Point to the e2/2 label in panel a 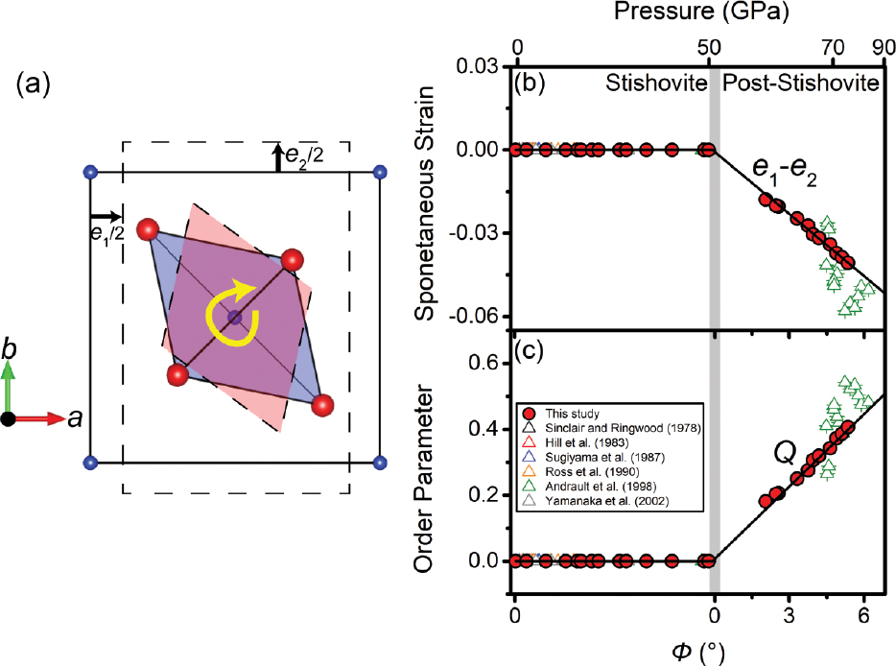point(303,154)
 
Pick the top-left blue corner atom point(90,173)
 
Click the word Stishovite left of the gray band point(652,83)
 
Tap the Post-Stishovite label point(800,83)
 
